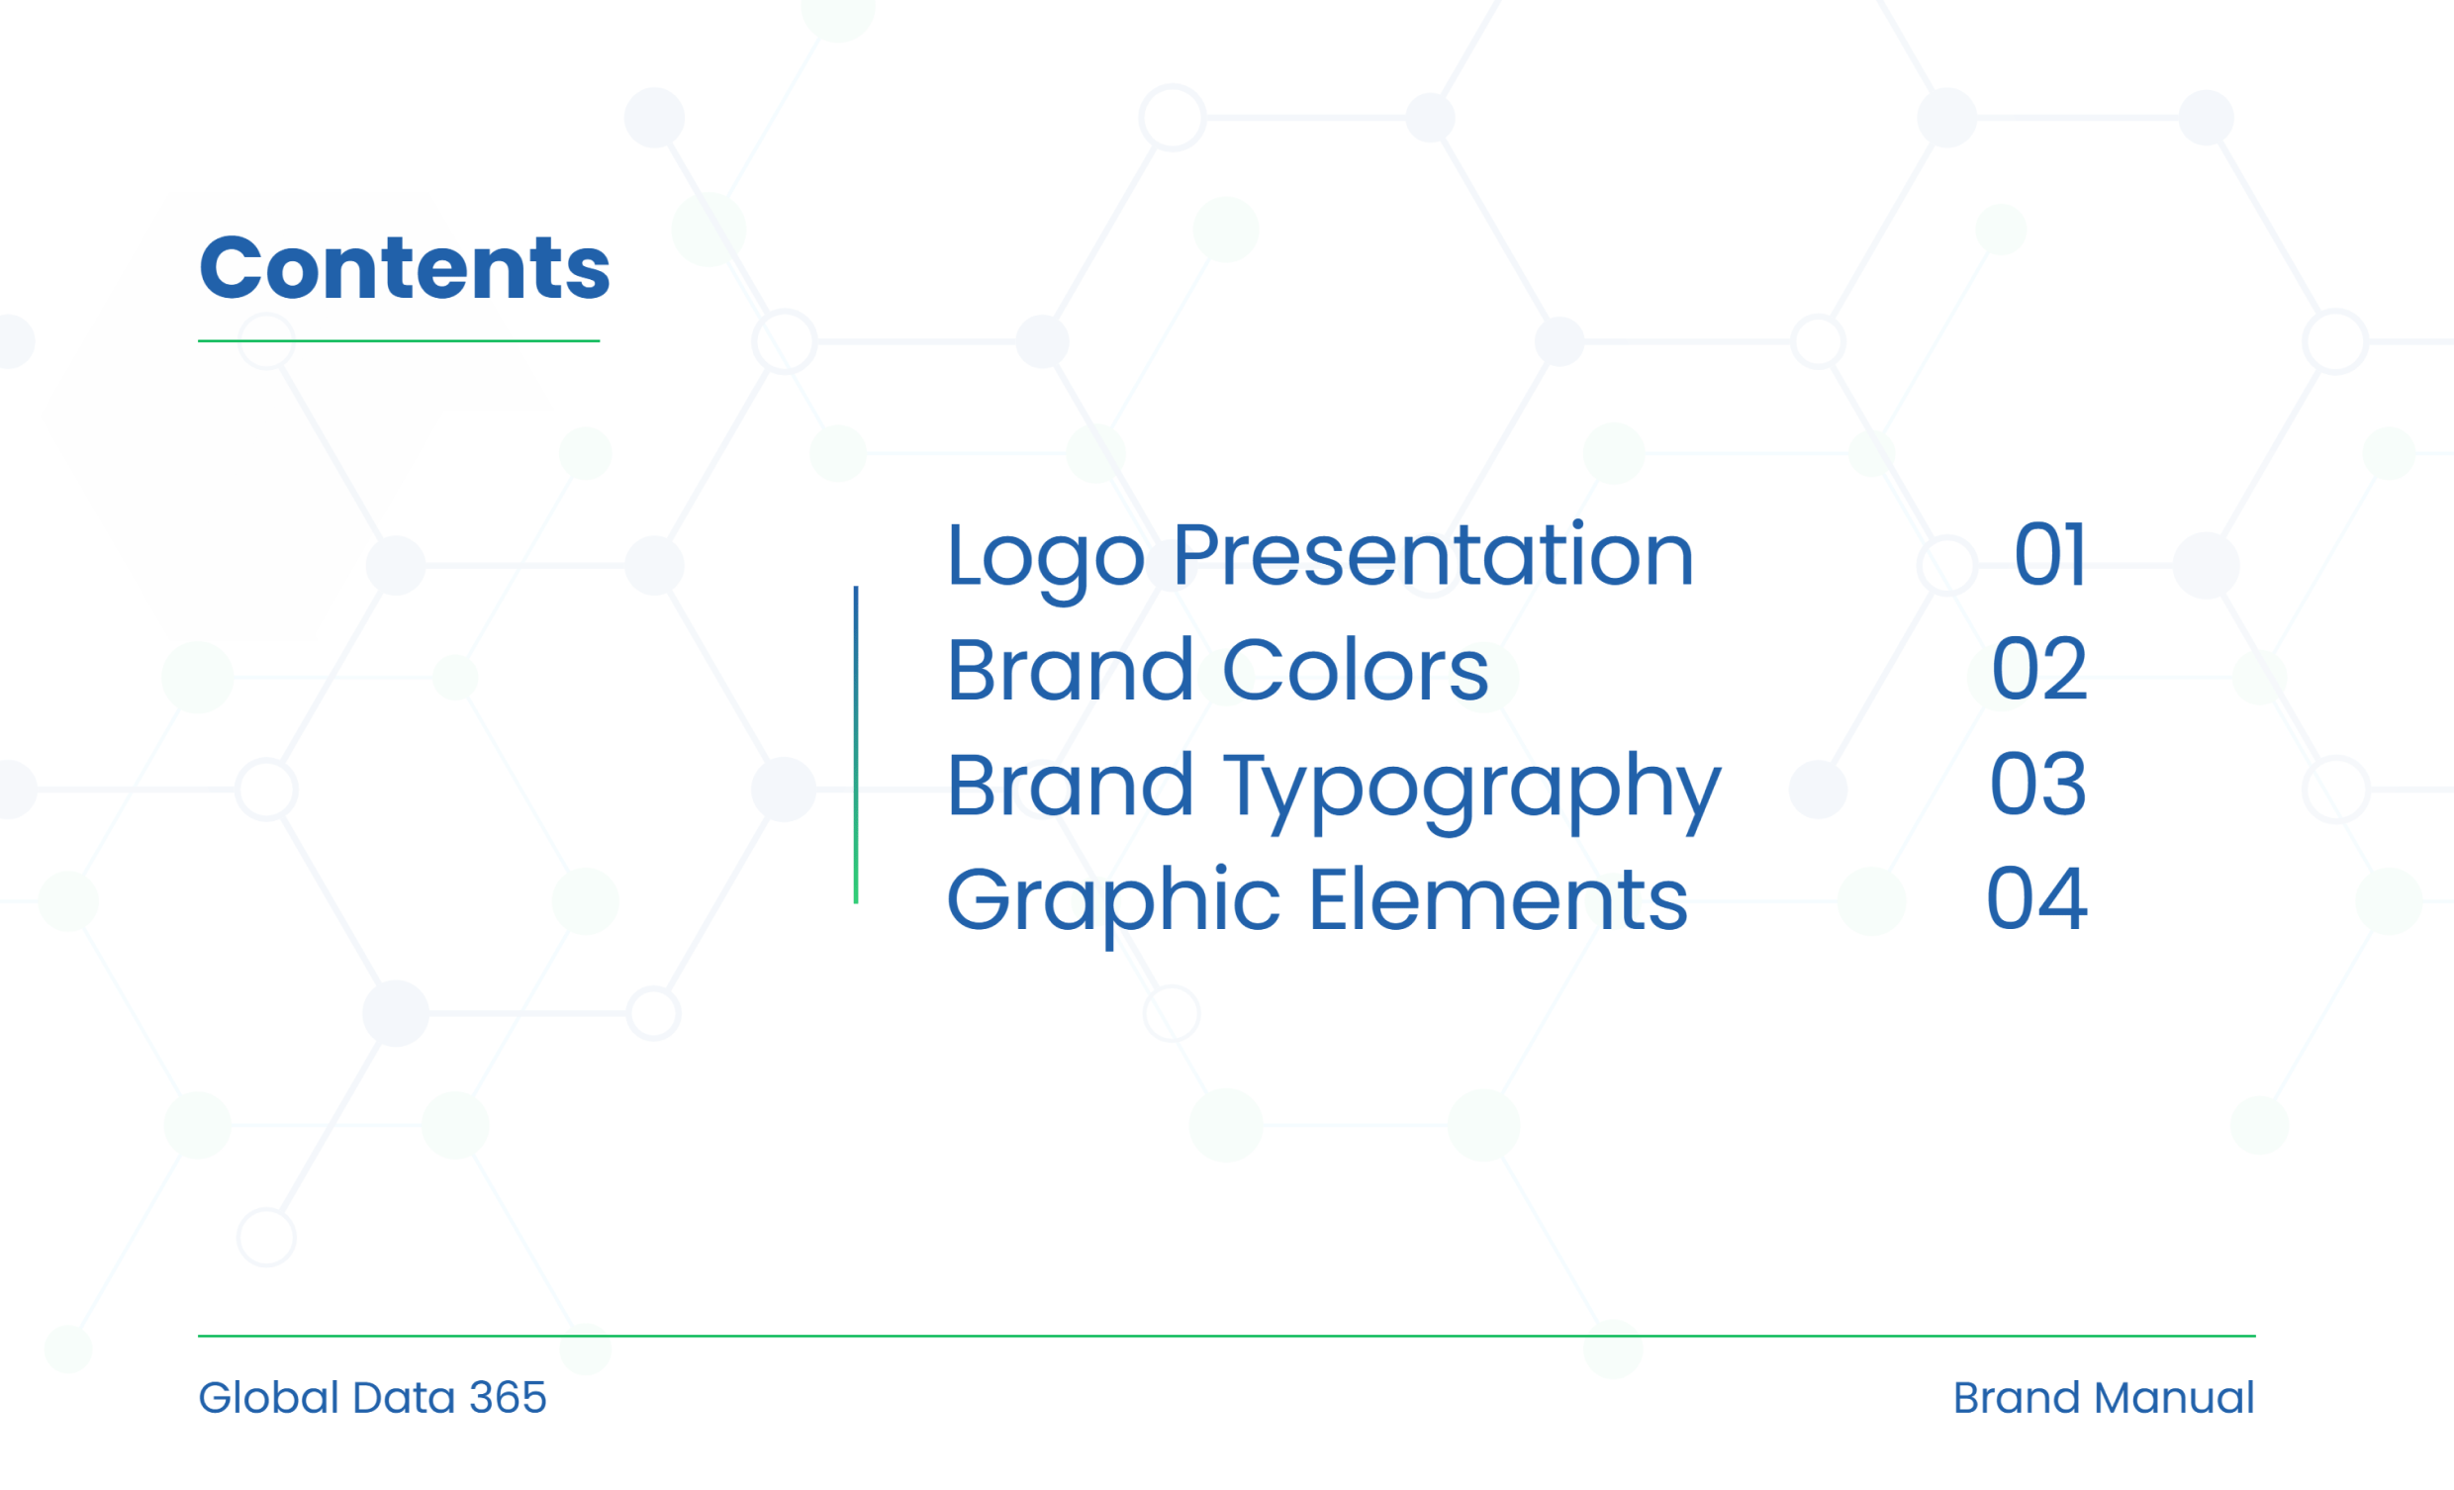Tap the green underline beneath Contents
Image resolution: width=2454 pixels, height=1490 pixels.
pyautogui.click(x=399, y=340)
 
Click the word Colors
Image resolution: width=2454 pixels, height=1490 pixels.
pyautogui.click(x=1355, y=669)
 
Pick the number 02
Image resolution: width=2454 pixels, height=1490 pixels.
pyautogui.click(x=2038, y=669)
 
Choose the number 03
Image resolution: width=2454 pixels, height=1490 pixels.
pyautogui.click(x=2037, y=784)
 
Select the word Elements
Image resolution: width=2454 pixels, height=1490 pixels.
pyautogui.click(x=1498, y=899)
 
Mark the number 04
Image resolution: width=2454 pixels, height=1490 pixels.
pyautogui.click(x=2036, y=899)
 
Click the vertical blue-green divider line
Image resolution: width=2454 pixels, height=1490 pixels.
pyautogui.click(x=856, y=745)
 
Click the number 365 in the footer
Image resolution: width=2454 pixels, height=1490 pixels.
pyautogui.click(x=508, y=1397)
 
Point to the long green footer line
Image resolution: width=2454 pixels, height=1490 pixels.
pyautogui.click(x=1227, y=1336)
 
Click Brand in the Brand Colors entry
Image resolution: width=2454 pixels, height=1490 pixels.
pyautogui.click(x=1070, y=669)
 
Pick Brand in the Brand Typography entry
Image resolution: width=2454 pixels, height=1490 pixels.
pyautogui.click(x=1070, y=784)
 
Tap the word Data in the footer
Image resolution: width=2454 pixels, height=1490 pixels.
pyautogui.click(x=405, y=1397)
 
